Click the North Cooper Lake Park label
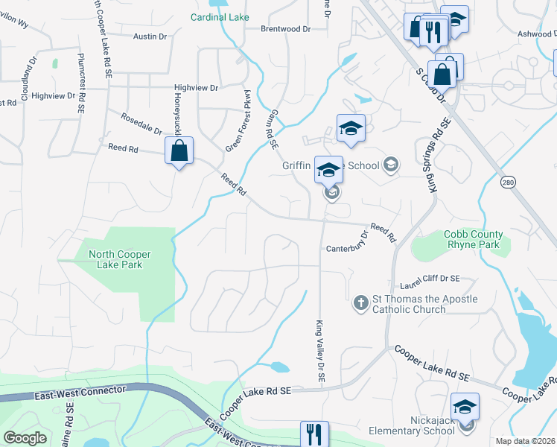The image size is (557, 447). (x=115, y=259)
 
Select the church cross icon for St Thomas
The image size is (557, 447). (x=360, y=303)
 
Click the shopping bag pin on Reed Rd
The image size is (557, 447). (x=179, y=151)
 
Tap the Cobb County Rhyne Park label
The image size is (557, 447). (x=474, y=239)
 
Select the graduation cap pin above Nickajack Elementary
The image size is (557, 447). (x=465, y=407)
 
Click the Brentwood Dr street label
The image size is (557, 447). (x=284, y=29)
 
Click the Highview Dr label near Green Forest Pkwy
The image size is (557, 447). (x=196, y=88)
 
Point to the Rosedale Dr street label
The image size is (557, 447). (x=142, y=124)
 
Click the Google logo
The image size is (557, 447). (x=25, y=438)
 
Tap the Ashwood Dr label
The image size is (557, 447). (x=535, y=34)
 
